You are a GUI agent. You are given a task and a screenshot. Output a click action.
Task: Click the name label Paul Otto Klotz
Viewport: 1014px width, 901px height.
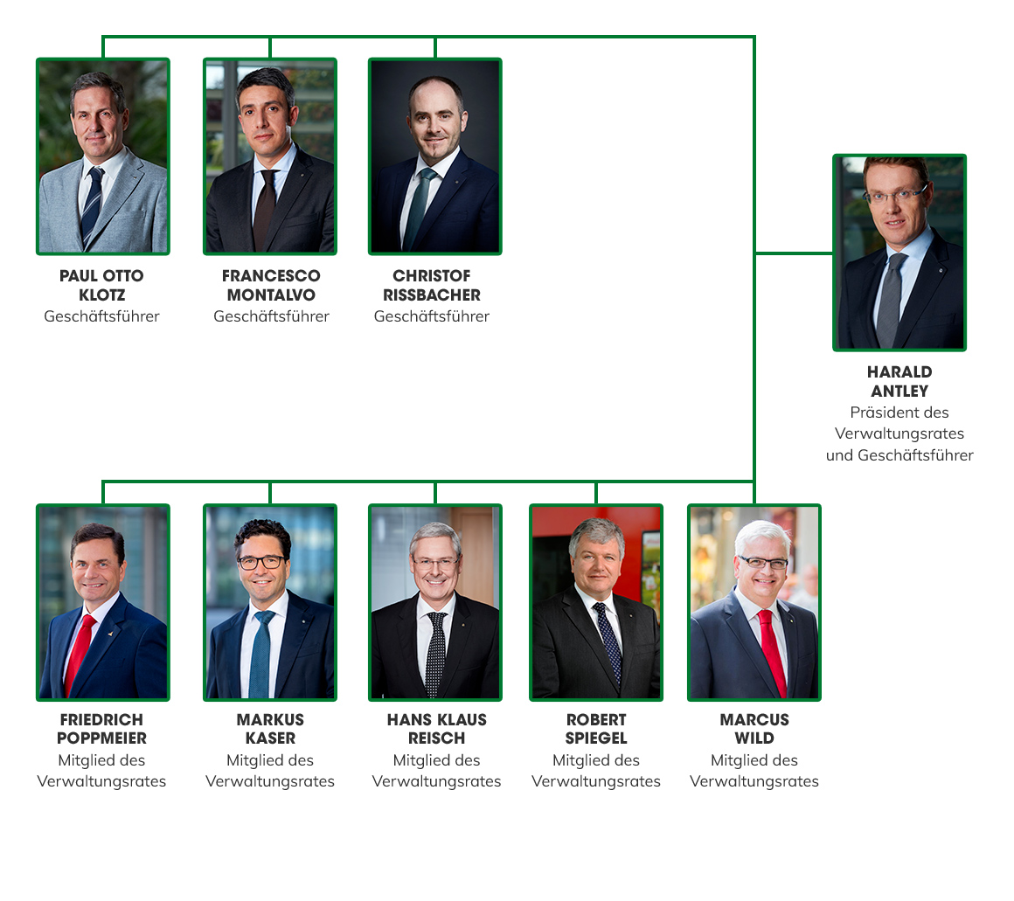point(101,285)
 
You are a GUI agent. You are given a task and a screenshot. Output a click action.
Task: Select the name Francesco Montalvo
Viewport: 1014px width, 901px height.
point(271,285)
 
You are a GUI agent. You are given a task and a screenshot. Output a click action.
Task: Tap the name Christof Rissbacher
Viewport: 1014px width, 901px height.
point(431,285)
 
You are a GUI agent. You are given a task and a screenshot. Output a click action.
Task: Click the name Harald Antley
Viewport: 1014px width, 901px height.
point(899,381)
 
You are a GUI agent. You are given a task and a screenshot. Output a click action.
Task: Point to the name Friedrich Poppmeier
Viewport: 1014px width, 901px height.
point(101,729)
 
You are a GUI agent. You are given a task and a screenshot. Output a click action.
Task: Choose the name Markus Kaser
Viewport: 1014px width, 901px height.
point(270,729)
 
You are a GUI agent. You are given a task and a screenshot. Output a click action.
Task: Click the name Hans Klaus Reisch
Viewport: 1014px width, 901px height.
point(436,729)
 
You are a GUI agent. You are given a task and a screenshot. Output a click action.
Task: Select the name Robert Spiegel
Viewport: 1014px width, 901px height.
point(596,729)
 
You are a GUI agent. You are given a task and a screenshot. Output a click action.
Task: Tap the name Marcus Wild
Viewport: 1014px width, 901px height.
point(754,729)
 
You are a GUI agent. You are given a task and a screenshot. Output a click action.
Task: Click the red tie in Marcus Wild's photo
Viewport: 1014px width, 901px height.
point(772,653)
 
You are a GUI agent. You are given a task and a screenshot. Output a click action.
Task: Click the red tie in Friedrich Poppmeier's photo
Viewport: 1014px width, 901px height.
point(80,655)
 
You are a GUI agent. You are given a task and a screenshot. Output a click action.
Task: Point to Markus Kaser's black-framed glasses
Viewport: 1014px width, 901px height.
point(261,562)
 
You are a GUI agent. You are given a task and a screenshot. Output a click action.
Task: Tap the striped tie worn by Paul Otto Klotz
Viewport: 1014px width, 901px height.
point(92,207)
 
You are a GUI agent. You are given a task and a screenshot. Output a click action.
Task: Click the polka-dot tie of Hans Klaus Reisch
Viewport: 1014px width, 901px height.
point(436,654)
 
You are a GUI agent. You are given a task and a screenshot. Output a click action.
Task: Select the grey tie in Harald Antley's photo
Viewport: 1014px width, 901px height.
point(891,301)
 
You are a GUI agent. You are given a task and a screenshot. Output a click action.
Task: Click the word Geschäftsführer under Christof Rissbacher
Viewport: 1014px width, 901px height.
point(431,316)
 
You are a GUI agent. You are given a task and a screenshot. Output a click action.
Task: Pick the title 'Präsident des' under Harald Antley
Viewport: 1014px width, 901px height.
point(899,412)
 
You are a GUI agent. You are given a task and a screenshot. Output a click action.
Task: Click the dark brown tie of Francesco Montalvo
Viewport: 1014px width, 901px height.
point(265,210)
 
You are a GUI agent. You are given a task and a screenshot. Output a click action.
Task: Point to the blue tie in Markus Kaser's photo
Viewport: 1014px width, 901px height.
point(261,654)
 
